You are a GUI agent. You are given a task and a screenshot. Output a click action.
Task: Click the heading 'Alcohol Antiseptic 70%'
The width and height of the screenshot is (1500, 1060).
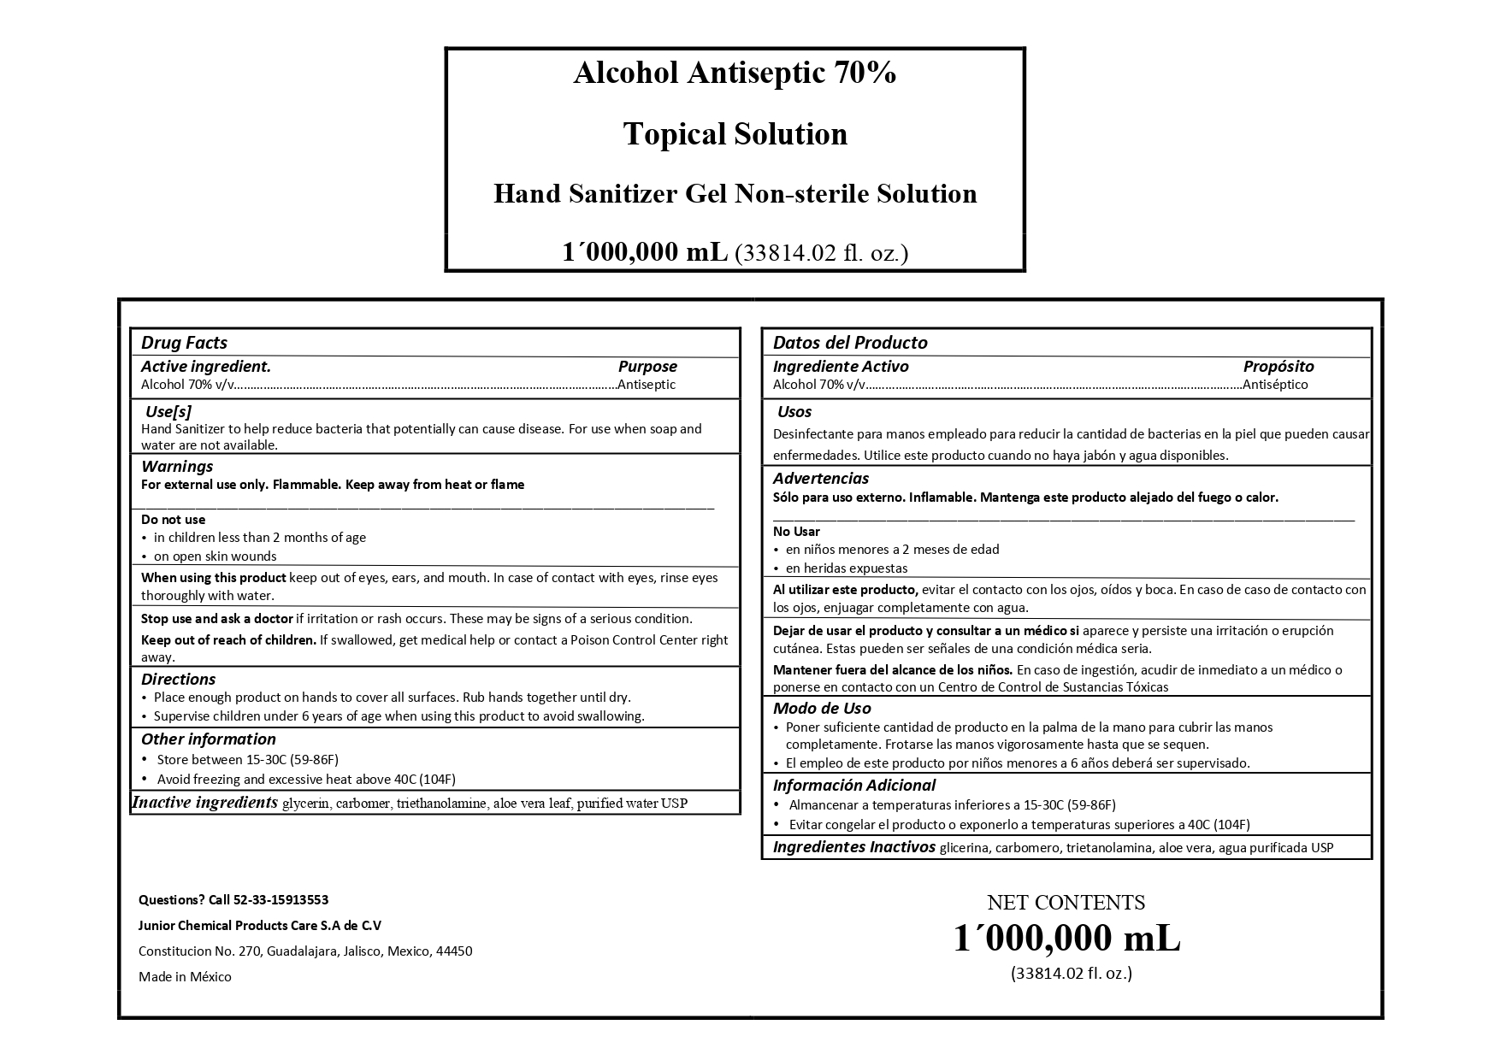(x=735, y=74)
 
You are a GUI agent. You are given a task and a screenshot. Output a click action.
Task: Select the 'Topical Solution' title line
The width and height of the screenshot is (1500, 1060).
(x=735, y=134)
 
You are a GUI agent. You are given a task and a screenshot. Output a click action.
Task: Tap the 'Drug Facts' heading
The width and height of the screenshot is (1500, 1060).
(x=184, y=343)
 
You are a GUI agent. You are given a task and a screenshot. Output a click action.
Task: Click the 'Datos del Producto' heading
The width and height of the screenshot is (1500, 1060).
(x=849, y=343)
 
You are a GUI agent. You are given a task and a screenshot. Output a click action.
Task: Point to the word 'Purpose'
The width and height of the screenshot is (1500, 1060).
(x=647, y=367)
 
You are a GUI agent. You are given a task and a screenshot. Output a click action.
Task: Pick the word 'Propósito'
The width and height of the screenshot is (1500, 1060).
(x=1278, y=367)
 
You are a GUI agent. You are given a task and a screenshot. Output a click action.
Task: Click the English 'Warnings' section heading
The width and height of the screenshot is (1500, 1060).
(x=177, y=467)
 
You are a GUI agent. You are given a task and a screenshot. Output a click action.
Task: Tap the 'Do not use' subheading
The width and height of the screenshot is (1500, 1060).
(x=173, y=520)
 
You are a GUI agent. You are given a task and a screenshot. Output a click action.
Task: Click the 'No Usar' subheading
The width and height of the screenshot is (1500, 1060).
(x=796, y=532)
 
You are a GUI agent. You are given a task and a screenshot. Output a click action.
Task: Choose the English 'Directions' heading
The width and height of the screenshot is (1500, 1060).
(x=178, y=680)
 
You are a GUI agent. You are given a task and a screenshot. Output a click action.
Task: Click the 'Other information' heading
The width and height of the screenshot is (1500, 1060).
(x=208, y=739)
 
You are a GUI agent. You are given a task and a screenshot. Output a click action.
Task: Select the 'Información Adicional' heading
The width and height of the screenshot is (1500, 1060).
(x=853, y=786)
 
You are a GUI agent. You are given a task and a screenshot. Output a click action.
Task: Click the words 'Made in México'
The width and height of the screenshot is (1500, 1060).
(x=185, y=977)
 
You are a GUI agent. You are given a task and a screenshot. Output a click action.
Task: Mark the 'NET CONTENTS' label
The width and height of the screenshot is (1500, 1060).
(x=1066, y=903)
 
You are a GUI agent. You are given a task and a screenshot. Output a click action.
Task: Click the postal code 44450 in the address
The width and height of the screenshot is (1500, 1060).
(x=453, y=951)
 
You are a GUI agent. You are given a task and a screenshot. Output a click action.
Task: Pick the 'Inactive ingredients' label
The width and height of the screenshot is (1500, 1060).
(x=204, y=803)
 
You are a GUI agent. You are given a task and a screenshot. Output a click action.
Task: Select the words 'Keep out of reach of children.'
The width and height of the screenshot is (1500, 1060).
(x=228, y=640)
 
